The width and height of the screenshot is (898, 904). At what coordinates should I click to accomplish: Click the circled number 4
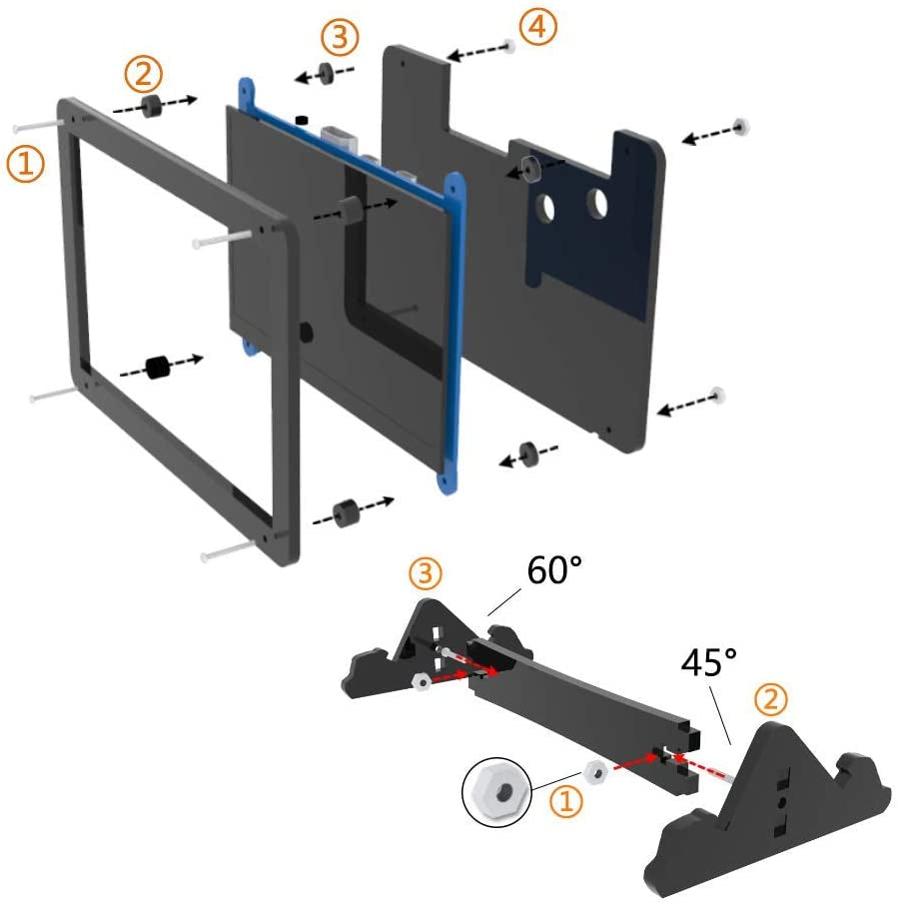537,27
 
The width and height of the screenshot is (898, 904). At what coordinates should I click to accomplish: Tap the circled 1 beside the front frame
25,163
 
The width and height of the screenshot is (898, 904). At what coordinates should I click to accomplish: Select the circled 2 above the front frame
144,74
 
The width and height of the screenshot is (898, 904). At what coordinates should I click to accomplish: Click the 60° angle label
554,569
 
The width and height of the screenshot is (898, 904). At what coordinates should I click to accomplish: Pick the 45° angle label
708,662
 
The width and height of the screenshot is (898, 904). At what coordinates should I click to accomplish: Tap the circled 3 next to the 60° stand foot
426,573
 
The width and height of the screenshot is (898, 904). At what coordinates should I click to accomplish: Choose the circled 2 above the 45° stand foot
770,699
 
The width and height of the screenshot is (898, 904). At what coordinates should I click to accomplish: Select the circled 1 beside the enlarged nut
566,801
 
